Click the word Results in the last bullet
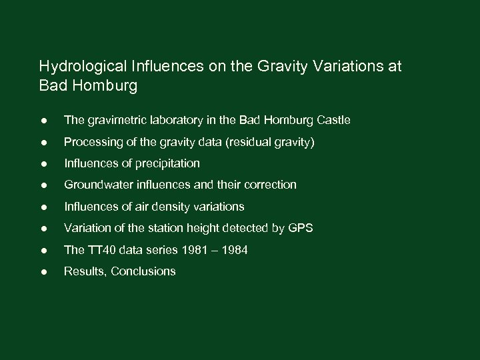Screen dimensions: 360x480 83,271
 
